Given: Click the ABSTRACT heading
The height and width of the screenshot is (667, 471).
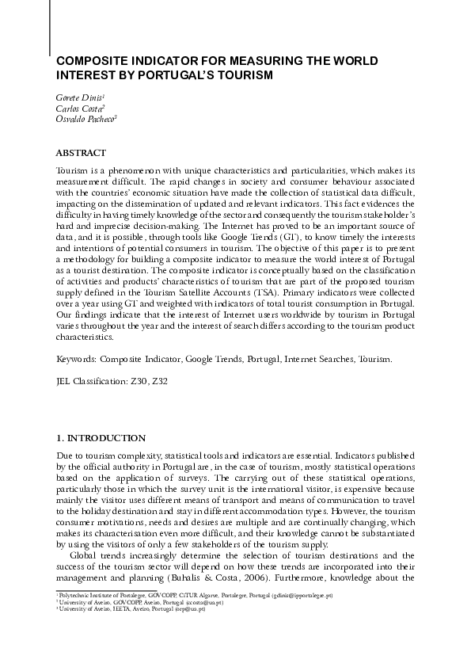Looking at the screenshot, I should [81, 151].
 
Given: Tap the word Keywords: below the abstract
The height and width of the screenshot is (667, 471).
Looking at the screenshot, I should [78, 360].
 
